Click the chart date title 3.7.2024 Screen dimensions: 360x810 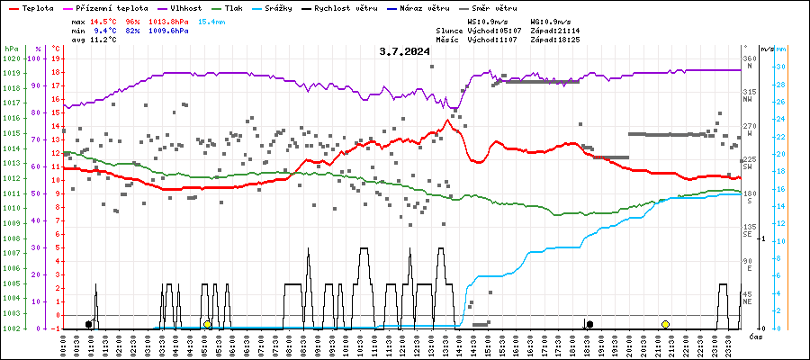point(405,50)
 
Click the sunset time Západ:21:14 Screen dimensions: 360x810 point(554,30)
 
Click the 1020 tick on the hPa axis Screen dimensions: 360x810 point(11,58)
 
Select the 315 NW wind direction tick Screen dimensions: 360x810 point(748,95)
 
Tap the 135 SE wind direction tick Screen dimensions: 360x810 point(748,230)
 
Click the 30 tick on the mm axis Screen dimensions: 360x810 point(781,67)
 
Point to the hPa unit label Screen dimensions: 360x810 point(11,48)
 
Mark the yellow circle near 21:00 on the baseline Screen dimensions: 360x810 point(665,324)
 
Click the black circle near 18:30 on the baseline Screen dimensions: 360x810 point(589,324)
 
